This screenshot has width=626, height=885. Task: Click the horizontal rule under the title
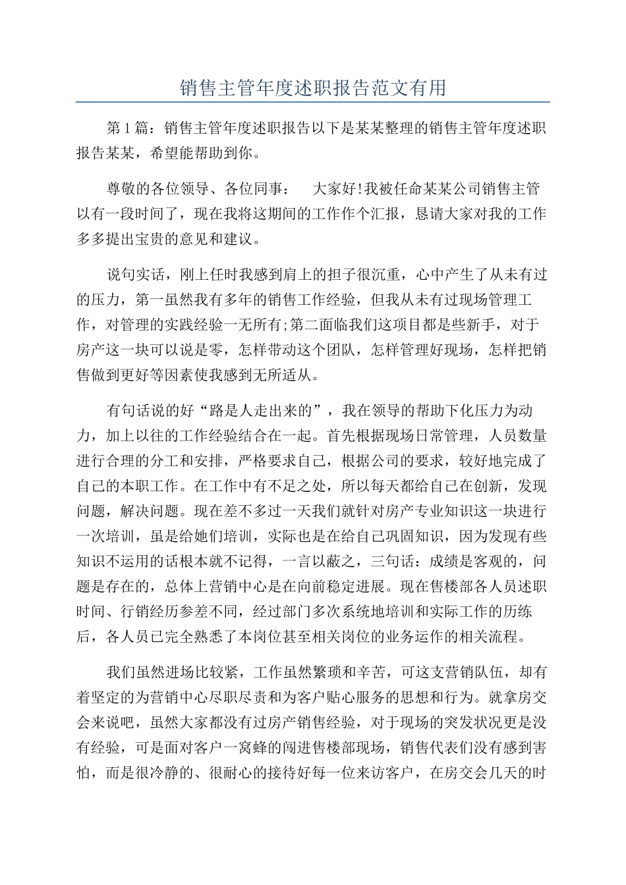point(313,102)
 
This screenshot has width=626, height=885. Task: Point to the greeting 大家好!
point(336,189)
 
